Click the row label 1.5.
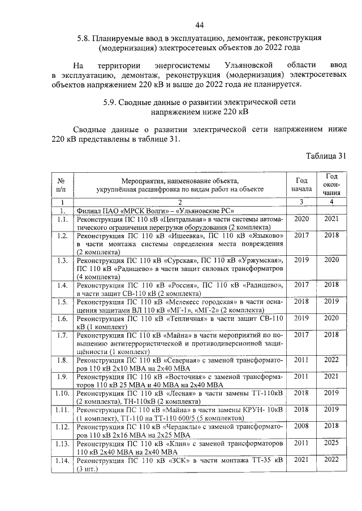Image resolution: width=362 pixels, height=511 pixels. pyautogui.click(x=62, y=302)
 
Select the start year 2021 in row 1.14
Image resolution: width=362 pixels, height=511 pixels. pyautogui.click(x=301, y=460)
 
